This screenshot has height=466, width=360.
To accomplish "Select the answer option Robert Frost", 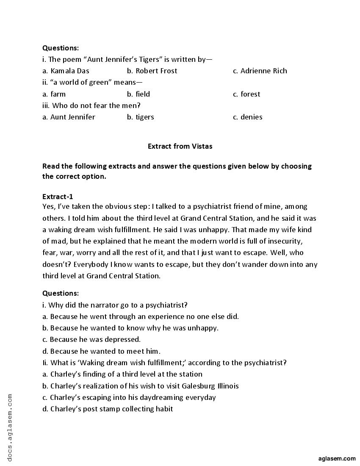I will [152, 71].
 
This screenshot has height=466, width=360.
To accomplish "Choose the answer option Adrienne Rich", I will [260, 71].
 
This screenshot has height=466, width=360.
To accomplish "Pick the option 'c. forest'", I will [246, 94].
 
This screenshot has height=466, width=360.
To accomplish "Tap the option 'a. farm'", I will [54, 94].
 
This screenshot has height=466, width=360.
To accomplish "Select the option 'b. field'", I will [138, 94].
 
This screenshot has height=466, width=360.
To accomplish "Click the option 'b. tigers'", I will [140, 117].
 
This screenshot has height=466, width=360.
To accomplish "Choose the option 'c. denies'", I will [247, 117].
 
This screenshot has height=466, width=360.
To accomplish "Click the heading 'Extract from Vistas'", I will [180, 146].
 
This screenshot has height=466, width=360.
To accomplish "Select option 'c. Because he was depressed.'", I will [91, 339].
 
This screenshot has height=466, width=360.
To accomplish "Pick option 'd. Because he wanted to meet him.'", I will [101, 351].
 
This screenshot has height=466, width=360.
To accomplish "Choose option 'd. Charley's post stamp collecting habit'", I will [108, 409].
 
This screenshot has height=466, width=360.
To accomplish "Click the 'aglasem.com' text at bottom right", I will [337, 458].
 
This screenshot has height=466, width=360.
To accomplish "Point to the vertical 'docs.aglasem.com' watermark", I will [10, 428].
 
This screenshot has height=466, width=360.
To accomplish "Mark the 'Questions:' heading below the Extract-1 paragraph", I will [61, 293].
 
